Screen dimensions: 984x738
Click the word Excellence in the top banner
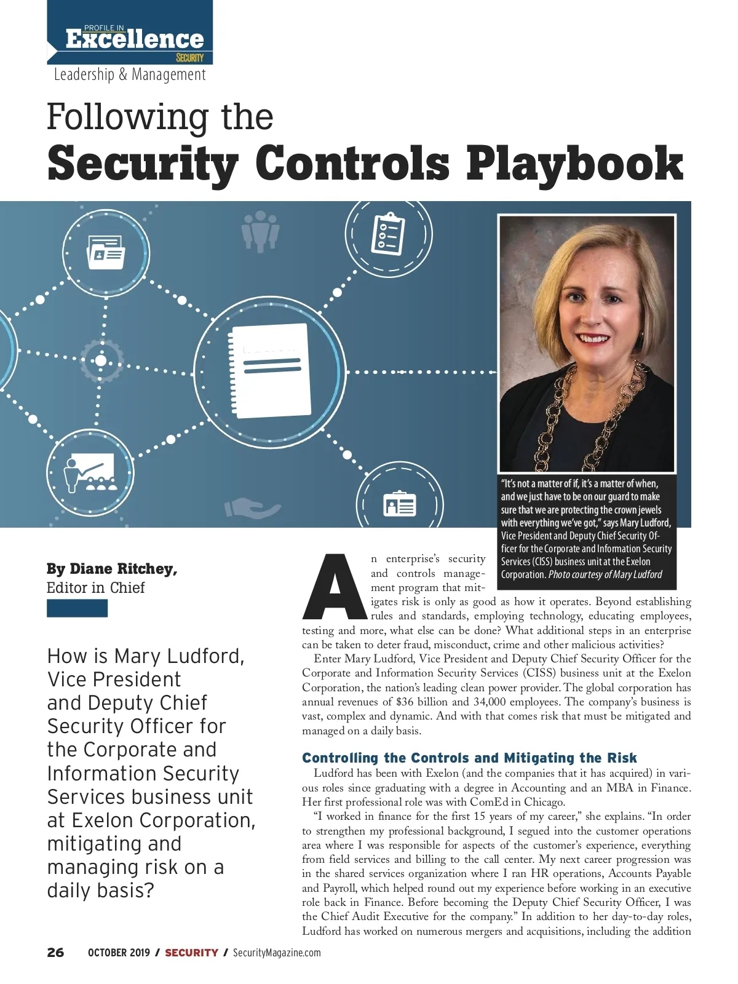(x=134, y=39)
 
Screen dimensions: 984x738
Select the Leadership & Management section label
(x=130, y=74)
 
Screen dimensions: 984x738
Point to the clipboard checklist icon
(x=388, y=234)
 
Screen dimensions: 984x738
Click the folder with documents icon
(x=106, y=252)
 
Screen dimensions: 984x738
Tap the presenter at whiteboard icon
(x=90, y=473)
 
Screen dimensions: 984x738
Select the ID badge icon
(x=400, y=504)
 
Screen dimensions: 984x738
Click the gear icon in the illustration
(x=101, y=360)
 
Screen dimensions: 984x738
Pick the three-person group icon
(x=260, y=231)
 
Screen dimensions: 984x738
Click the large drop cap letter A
(x=335, y=587)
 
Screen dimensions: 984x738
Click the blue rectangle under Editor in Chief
(x=77, y=608)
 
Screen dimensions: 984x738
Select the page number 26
(x=55, y=953)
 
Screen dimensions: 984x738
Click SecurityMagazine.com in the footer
(x=277, y=953)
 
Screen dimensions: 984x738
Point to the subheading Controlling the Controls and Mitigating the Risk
(x=469, y=758)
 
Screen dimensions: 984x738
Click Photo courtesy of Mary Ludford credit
(x=605, y=574)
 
